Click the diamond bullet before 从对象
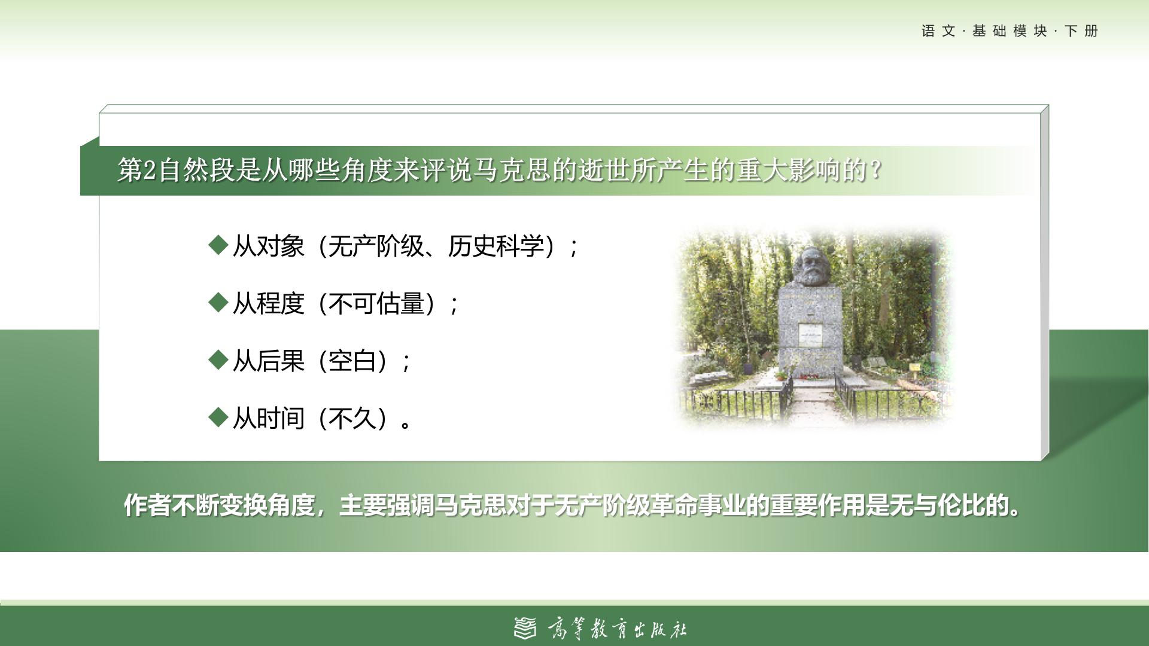(218, 245)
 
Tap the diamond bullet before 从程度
(218, 302)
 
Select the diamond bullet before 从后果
(218, 359)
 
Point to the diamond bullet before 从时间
(218, 417)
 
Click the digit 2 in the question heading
(150, 170)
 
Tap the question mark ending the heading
(877, 170)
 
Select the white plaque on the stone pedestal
(810, 336)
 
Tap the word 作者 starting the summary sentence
(148, 505)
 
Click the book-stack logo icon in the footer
(525, 628)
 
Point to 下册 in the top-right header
(1082, 31)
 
